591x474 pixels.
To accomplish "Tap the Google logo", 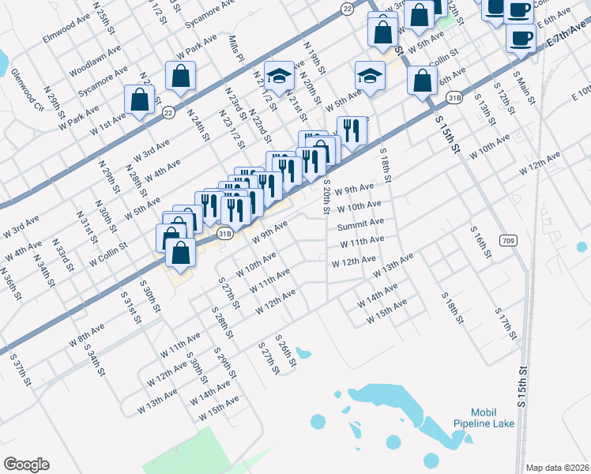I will (x=26, y=465).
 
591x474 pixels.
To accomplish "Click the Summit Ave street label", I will (x=360, y=226).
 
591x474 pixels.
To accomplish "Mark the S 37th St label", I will (x=21, y=370).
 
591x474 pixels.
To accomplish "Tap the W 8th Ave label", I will (x=86, y=332).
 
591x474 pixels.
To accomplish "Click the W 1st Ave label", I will (x=107, y=122).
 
